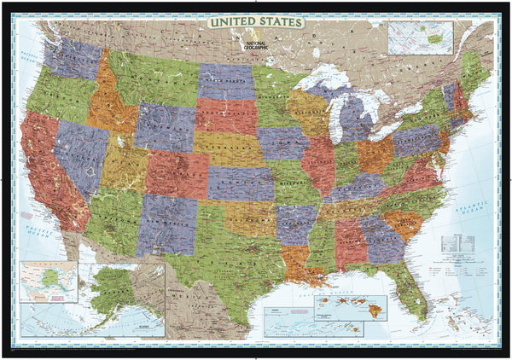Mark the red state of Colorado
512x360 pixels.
tap(176, 174)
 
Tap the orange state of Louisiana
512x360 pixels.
tap(296, 260)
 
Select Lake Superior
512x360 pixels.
tap(319, 81)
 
